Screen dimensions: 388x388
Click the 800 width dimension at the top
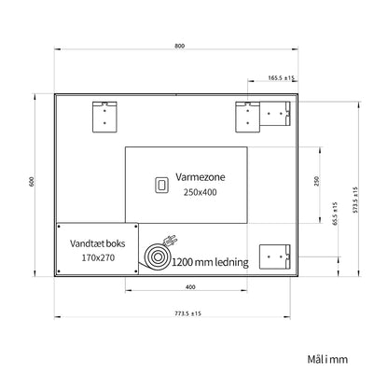click(x=179, y=46)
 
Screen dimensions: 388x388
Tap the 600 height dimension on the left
click(x=32, y=182)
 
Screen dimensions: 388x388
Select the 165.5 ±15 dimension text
click(x=281, y=77)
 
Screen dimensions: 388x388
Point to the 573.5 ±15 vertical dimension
click(x=355, y=200)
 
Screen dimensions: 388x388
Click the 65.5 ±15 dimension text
click(x=335, y=214)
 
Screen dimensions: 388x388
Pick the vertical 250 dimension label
click(x=317, y=181)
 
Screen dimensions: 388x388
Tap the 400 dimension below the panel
click(x=190, y=287)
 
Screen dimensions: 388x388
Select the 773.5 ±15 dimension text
click(x=187, y=313)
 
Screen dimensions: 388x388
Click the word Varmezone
click(x=201, y=177)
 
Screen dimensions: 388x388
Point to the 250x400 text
click(x=200, y=192)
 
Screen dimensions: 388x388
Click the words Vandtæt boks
click(x=98, y=243)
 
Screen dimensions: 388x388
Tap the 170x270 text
click(x=98, y=257)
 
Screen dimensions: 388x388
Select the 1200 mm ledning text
click(x=210, y=262)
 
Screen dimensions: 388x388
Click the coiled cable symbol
click(x=158, y=256)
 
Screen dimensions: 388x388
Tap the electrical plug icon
click(x=170, y=241)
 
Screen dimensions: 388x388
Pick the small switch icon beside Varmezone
click(x=161, y=185)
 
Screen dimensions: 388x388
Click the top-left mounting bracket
click(x=104, y=117)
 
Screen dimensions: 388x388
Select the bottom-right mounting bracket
click(x=275, y=256)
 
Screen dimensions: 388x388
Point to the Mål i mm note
click(x=327, y=359)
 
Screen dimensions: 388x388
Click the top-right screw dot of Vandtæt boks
click(x=136, y=227)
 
